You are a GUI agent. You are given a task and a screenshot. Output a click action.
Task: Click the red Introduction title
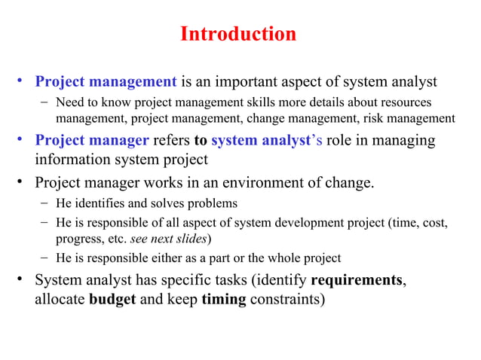coord(239,35)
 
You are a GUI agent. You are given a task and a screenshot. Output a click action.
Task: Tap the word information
coord(72,160)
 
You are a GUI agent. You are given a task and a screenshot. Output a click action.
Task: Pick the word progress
coord(80,239)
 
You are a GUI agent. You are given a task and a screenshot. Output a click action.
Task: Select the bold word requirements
coord(356,281)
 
